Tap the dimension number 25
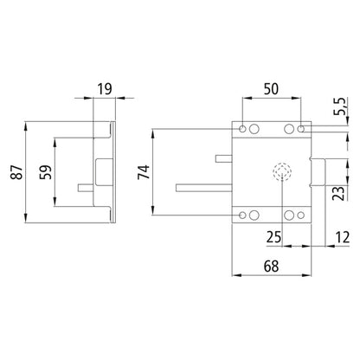[x=273, y=236]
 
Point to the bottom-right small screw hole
[x=301, y=215]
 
